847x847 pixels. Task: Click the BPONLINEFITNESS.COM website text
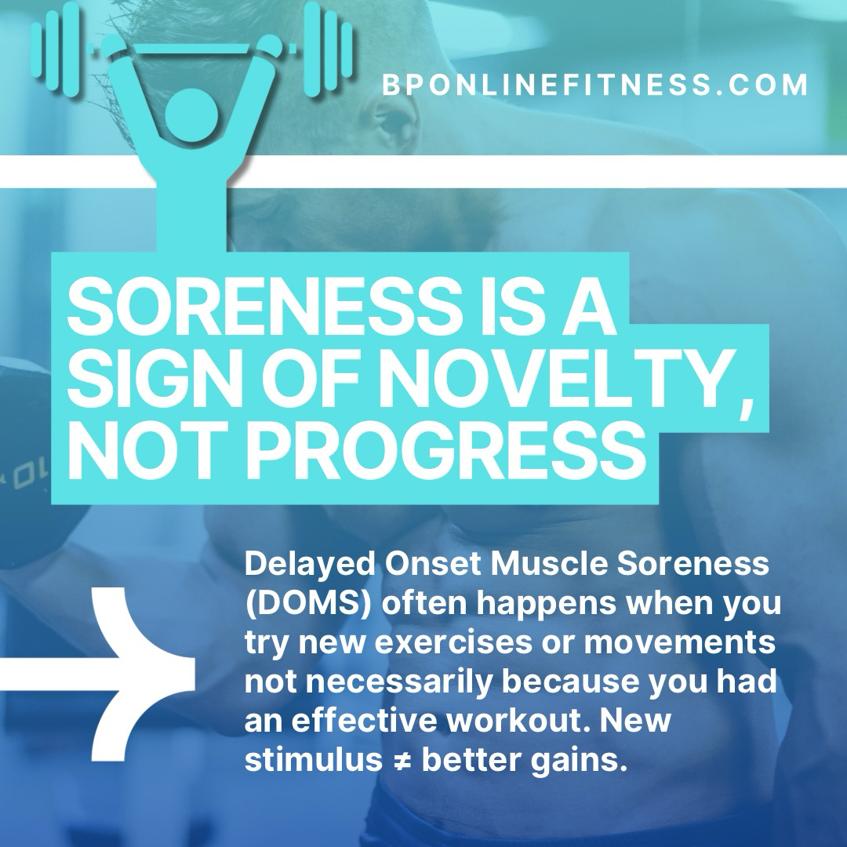[594, 85]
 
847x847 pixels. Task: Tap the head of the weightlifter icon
[191, 115]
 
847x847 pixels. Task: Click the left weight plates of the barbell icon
[55, 49]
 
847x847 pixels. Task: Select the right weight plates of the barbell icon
[328, 49]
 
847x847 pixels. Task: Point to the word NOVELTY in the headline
[557, 379]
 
